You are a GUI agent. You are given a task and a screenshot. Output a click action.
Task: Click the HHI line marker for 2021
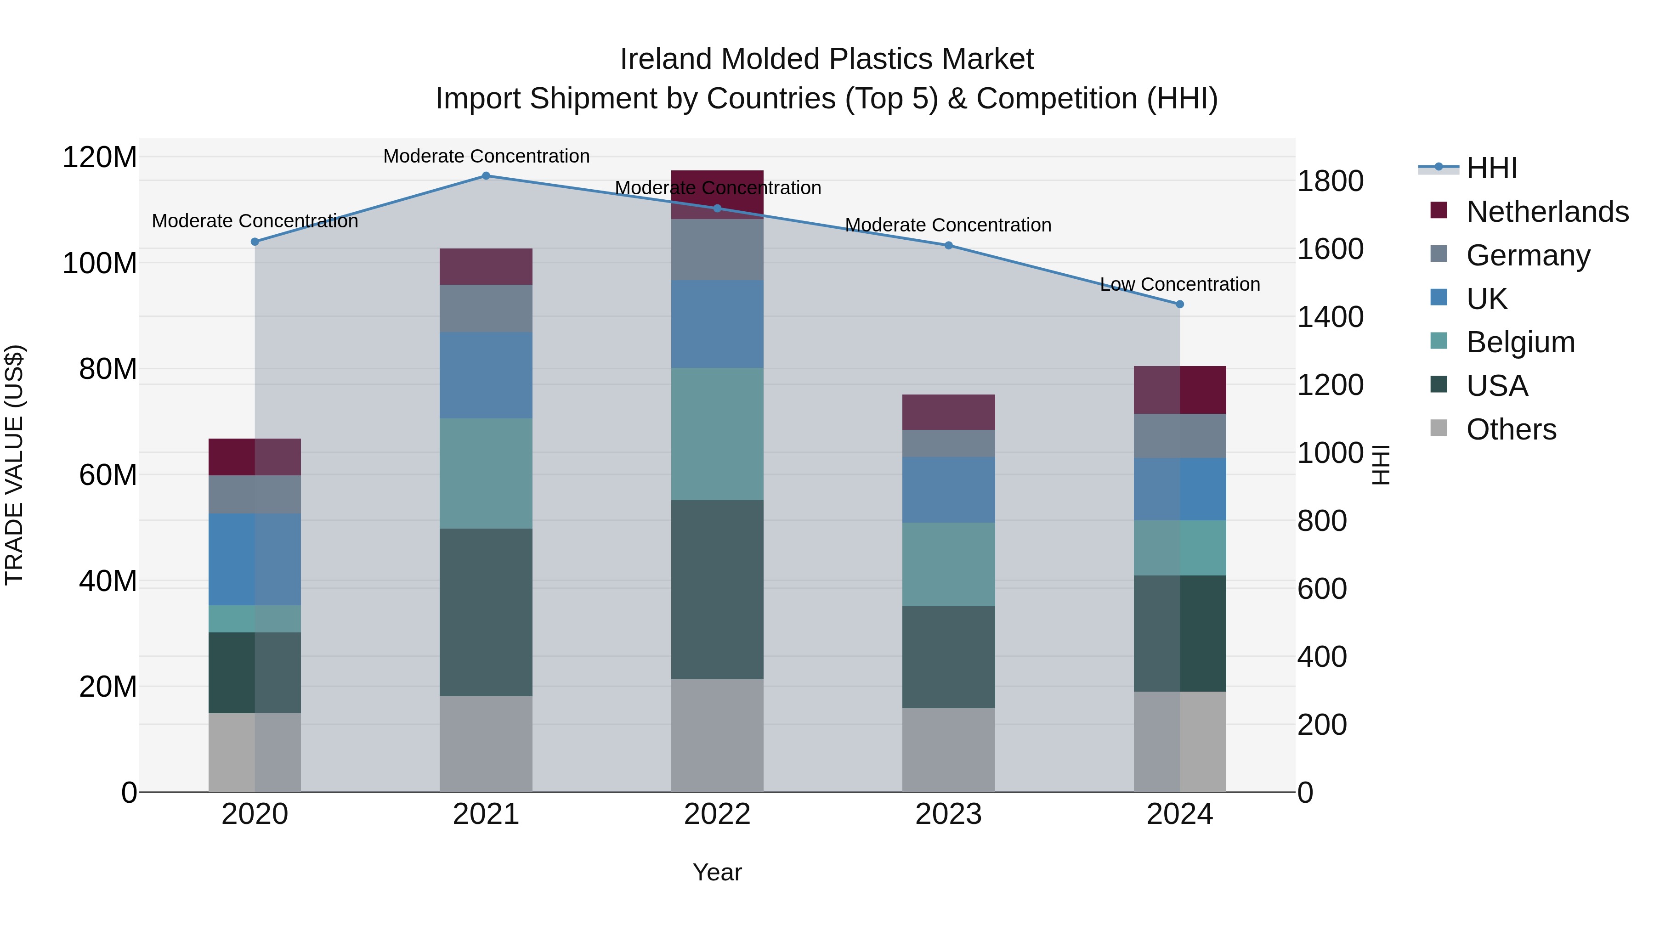point(486,176)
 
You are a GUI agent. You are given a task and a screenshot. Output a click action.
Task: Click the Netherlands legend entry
point(1547,212)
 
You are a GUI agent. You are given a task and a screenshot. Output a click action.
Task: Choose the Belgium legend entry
point(1520,342)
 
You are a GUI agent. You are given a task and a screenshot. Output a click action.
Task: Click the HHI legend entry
point(1491,168)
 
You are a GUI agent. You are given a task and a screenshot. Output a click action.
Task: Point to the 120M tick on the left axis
point(100,157)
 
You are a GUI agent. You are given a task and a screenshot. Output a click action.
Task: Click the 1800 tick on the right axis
point(1331,181)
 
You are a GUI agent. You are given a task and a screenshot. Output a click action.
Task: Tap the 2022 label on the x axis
point(717,814)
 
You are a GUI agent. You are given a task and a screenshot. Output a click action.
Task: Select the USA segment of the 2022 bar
point(717,589)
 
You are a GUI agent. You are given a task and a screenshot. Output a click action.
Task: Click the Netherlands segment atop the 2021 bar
point(486,266)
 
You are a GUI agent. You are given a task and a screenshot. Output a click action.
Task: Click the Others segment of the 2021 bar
point(486,744)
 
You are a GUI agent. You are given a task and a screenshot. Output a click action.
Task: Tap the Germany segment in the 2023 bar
point(948,444)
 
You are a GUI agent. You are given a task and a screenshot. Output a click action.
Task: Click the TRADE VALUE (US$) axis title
point(14,465)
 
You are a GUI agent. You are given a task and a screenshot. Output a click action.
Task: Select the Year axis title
point(717,872)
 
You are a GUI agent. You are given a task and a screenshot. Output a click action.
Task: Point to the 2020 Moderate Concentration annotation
point(255,221)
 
